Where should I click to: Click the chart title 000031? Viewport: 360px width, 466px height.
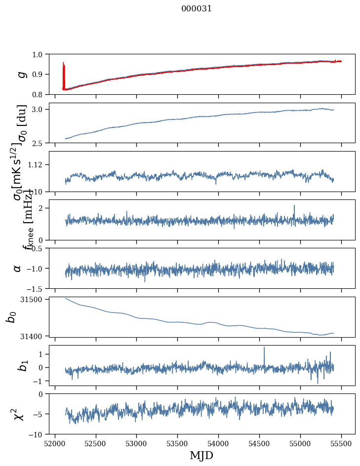pos(197,8)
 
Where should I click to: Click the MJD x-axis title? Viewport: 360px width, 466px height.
pos(201,455)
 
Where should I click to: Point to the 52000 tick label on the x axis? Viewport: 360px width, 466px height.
pos(55,443)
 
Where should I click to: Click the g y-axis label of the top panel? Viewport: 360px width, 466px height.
pos(21,74)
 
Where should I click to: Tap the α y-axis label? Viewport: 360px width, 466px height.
pos(17,268)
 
